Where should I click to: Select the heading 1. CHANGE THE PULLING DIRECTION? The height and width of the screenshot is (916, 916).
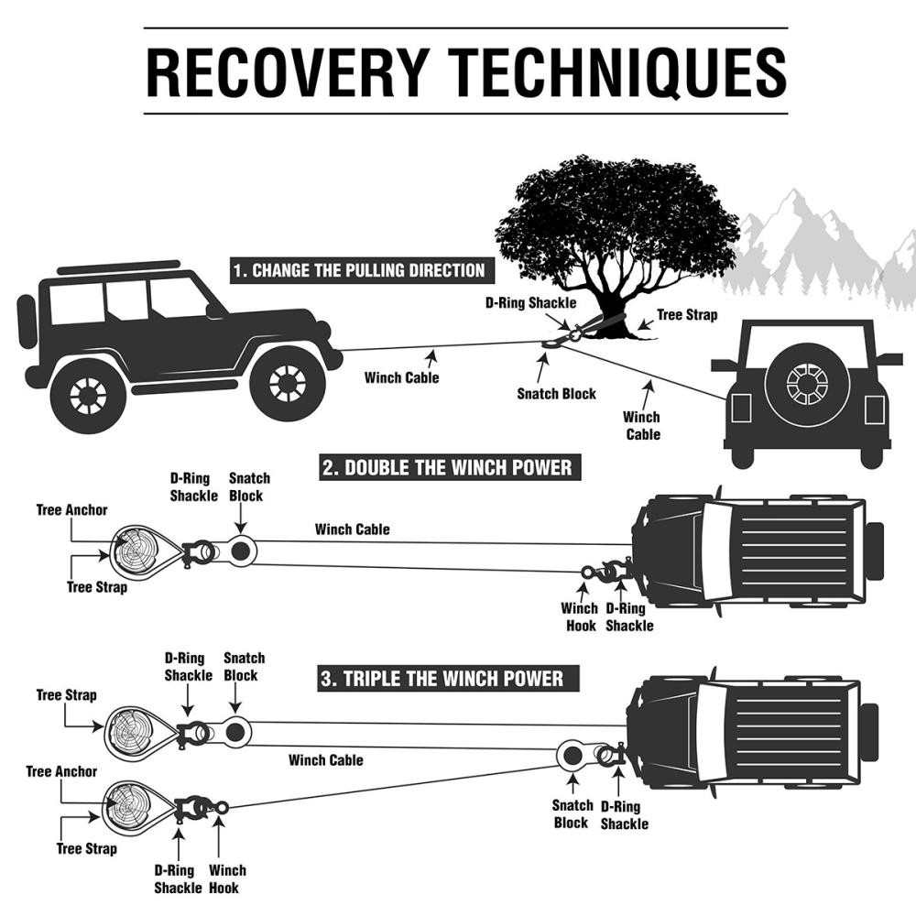(358, 271)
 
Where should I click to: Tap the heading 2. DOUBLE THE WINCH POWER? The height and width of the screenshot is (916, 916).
(447, 469)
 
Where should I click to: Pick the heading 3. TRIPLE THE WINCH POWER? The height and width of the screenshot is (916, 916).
(442, 680)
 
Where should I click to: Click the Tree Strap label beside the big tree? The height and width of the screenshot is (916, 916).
(688, 315)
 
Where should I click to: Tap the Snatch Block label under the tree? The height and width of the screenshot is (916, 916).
(556, 394)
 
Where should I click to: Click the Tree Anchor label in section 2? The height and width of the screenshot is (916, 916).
(72, 510)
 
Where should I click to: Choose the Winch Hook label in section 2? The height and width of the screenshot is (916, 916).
(580, 616)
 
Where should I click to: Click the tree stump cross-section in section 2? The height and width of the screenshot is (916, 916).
(134, 551)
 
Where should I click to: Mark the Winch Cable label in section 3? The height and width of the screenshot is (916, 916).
(325, 760)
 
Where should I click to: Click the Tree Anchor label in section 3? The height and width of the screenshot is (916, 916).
(61, 772)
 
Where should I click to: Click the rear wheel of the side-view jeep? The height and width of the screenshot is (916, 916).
(89, 395)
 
